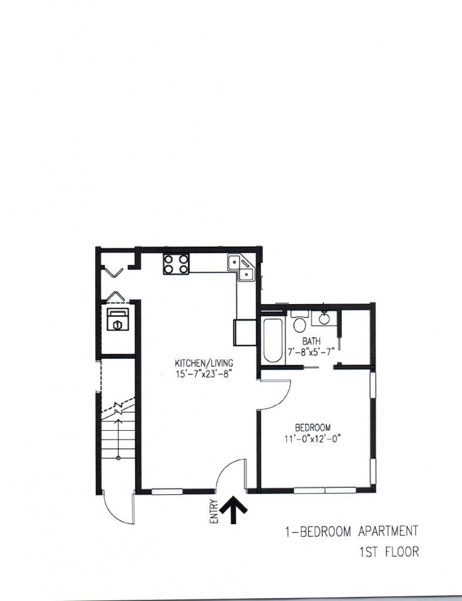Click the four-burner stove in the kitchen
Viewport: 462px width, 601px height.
coord(176,264)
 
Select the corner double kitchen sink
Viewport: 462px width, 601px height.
coord(241,268)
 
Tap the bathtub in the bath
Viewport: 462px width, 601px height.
coord(272,340)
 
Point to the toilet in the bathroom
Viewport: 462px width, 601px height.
coord(299,322)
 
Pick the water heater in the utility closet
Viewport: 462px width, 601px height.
coord(118,319)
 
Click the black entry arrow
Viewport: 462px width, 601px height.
coord(233,509)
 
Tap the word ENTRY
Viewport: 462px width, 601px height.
coord(214,511)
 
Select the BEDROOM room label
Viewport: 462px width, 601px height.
coord(312,427)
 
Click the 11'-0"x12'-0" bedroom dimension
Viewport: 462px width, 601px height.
coord(312,438)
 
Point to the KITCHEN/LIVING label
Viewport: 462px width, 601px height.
coord(204,363)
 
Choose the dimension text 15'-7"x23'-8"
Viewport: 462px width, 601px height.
coord(204,374)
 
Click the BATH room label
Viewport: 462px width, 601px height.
coord(311,340)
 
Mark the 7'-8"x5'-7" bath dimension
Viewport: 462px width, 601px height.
coord(311,351)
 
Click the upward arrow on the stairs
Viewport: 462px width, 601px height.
coord(118,439)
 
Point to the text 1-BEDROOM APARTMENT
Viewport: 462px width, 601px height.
coord(351,532)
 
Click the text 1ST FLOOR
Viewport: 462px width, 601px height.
coord(389,552)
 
